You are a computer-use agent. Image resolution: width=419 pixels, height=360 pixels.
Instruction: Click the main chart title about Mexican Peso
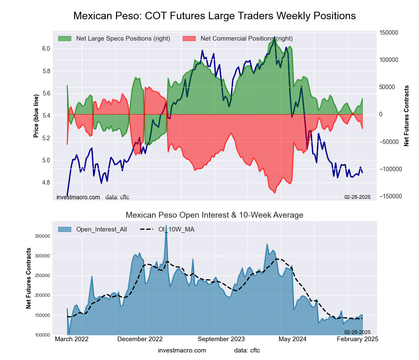point(214,16)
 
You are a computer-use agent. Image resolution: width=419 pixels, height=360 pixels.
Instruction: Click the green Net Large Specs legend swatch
point(65,39)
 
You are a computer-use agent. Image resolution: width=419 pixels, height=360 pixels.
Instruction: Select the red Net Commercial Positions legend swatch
point(189,39)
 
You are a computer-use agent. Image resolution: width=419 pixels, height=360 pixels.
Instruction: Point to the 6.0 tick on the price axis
point(46,49)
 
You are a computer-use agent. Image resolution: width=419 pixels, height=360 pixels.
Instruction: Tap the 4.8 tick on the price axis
point(46,183)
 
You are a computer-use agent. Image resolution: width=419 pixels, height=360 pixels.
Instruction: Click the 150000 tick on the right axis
point(388,33)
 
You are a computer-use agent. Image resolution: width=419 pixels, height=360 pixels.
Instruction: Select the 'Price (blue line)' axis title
point(36,116)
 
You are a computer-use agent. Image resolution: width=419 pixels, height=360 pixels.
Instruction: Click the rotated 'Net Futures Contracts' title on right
point(406,116)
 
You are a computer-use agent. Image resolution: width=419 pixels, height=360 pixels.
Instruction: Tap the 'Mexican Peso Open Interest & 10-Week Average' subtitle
point(214,215)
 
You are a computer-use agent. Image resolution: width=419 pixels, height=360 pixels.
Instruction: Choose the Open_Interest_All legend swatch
point(65,229)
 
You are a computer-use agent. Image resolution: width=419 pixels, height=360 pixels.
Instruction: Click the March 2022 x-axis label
point(72,339)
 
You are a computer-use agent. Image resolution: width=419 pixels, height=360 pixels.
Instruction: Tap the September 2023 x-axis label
point(221,339)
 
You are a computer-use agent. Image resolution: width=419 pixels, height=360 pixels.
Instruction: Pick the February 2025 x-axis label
point(357,339)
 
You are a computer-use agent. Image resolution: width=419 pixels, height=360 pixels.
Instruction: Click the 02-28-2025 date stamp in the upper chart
point(357,197)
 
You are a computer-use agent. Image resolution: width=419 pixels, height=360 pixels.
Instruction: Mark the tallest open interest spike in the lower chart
point(166,227)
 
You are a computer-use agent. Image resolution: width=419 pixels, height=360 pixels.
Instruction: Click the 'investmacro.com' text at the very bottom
point(182,350)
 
